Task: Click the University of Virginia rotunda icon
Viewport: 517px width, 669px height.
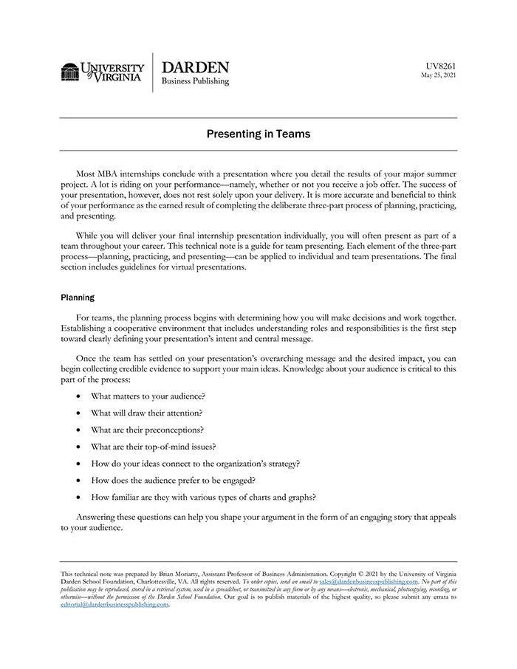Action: pos(70,72)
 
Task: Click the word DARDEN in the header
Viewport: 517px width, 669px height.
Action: pos(194,67)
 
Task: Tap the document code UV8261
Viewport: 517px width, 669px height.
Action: pos(440,66)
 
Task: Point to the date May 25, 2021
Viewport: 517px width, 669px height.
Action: pos(439,75)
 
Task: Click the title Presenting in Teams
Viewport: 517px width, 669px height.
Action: pos(258,134)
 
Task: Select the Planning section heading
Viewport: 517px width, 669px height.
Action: pos(77,298)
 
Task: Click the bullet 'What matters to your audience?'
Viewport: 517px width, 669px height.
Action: pos(148,396)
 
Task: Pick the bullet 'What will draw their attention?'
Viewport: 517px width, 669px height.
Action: pos(146,413)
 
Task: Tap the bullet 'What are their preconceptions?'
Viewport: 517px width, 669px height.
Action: pos(147,429)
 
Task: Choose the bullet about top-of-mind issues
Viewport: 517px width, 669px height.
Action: pos(153,446)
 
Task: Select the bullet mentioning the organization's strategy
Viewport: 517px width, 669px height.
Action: pos(195,463)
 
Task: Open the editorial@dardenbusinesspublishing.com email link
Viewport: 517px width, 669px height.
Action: pos(114,604)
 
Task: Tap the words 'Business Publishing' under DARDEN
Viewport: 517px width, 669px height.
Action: pos(195,81)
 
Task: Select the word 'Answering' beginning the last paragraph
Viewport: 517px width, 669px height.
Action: pos(96,517)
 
